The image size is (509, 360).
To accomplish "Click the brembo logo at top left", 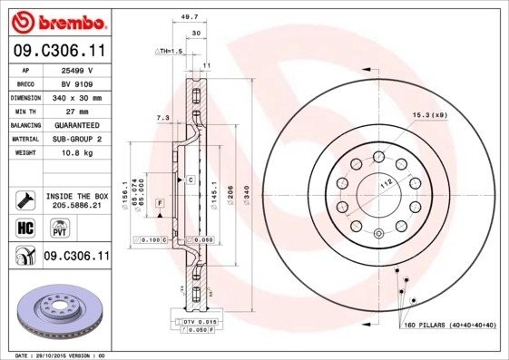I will pos(55,21).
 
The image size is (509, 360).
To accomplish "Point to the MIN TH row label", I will pos(25,111).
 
